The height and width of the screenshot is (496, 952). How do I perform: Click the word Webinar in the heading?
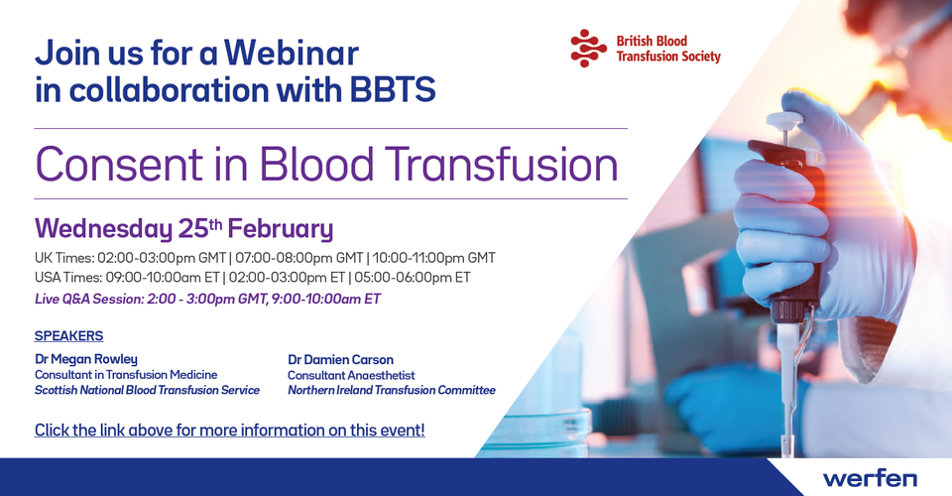point(292,53)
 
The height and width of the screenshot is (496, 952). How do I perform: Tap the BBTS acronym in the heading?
point(393,90)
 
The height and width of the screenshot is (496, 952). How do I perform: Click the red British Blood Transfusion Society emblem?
point(588,48)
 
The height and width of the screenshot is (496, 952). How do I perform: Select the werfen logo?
point(870,478)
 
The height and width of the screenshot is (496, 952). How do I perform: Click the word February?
point(281,229)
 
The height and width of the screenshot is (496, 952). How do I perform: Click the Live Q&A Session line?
point(207,299)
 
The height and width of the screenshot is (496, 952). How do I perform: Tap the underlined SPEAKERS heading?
point(69,335)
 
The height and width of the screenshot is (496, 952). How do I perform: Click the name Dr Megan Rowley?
point(86,359)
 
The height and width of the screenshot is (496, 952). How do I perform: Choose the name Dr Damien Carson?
point(340,360)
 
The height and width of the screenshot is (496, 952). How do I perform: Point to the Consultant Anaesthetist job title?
point(351,375)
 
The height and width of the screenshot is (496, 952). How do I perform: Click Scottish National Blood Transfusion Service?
point(147,391)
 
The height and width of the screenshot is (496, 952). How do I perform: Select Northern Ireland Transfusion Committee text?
point(392,391)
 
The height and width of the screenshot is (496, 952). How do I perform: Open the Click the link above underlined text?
point(229,431)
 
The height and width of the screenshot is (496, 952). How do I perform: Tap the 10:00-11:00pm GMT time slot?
point(434,258)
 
